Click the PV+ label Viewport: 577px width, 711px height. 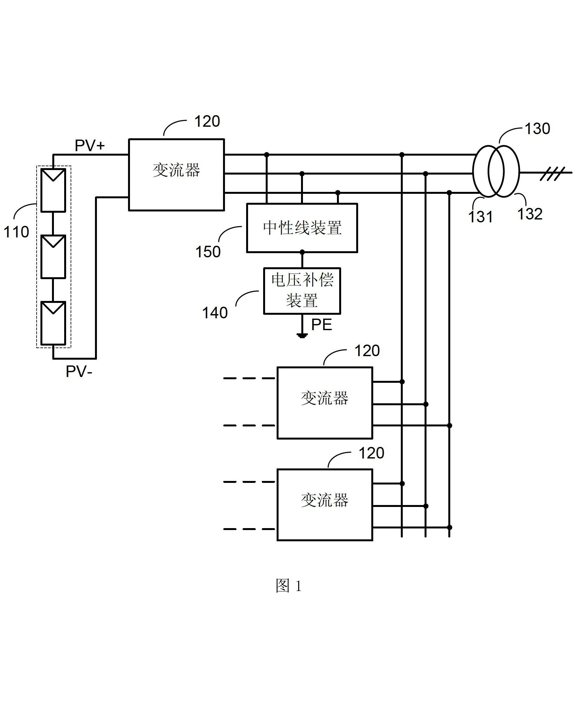[90, 146]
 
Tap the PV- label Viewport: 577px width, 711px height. [79, 371]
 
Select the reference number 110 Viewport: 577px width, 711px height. [16, 232]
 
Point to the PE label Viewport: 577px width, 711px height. [322, 325]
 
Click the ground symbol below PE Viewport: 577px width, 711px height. [302, 336]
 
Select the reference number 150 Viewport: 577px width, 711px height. [208, 252]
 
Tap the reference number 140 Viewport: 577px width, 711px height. [215, 313]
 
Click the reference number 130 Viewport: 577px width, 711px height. [538, 129]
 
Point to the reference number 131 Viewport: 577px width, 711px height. [480, 217]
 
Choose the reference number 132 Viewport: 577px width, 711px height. [530, 214]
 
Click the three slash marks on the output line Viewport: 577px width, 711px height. [552, 174]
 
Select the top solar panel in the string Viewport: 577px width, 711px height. [53, 190]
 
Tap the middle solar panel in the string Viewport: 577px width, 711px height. [53, 256]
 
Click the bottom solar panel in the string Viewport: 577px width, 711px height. [53, 323]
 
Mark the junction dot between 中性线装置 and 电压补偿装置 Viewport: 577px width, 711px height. [302, 253]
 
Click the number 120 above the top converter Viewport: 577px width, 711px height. [207, 121]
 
